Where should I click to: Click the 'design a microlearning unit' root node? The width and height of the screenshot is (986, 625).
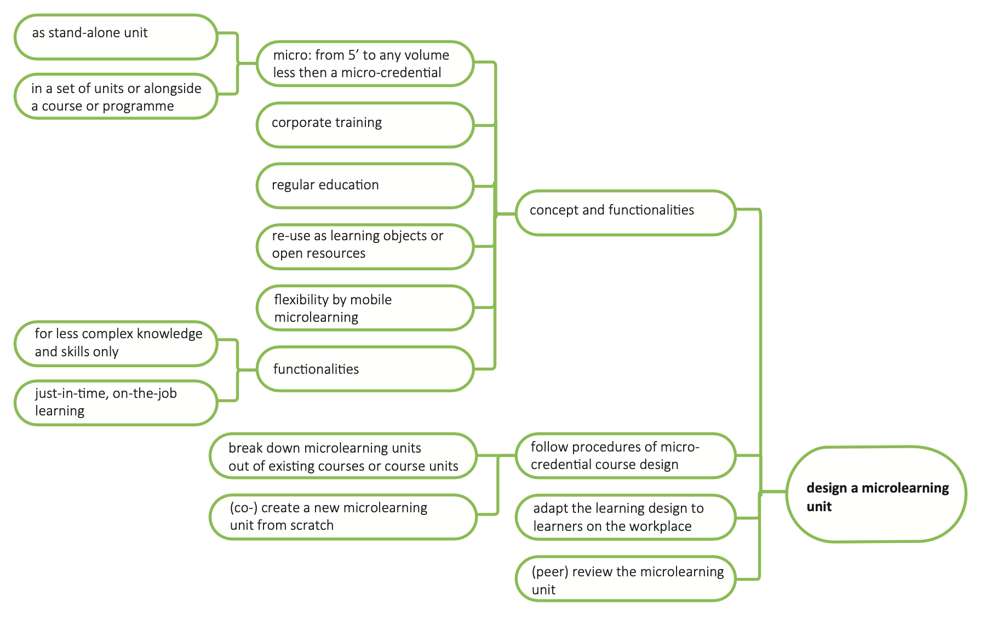[x=876, y=495]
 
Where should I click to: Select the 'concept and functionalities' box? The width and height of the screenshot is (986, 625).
[x=625, y=213]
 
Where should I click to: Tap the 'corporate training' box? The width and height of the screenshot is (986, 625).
[x=365, y=125]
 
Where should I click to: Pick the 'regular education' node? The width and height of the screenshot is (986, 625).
[x=365, y=186]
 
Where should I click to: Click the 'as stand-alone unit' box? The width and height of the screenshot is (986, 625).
[x=116, y=37]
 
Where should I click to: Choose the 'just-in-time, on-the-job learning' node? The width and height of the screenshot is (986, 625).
[x=116, y=403]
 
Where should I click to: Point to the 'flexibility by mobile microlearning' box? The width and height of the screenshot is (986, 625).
[x=365, y=308]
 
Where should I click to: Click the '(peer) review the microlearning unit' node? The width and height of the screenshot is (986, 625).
[x=625, y=579]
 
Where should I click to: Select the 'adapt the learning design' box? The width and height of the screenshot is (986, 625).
[x=625, y=517]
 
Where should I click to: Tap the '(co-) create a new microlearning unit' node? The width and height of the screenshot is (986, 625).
[x=343, y=517]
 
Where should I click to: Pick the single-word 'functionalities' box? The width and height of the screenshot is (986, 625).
[x=365, y=369]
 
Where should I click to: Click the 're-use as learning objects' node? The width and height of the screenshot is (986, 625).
[x=365, y=246]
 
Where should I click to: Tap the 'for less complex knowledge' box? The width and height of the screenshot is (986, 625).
[x=116, y=343]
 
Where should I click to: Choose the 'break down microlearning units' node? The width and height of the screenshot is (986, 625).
[x=343, y=456]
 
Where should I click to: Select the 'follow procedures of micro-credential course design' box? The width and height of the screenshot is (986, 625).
[x=625, y=456]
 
